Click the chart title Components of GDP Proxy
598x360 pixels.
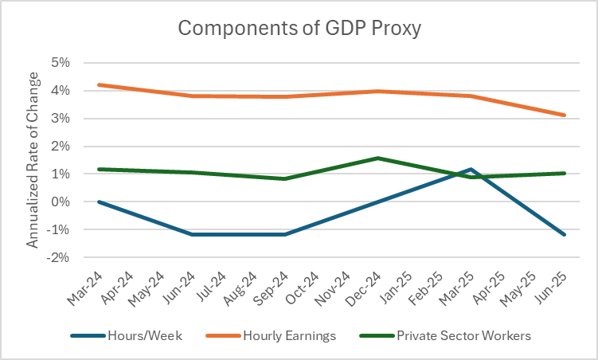pyautogui.click(x=299, y=29)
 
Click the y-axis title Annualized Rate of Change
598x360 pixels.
pyautogui.click(x=33, y=159)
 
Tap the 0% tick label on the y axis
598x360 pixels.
pyautogui.click(x=61, y=202)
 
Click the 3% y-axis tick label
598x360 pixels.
pyautogui.click(x=61, y=119)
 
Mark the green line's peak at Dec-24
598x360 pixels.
pyautogui.click(x=379, y=158)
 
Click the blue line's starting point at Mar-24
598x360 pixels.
pyautogui.click(x=98, y=202)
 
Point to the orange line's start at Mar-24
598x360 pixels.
pyautogui.click(x=98, y=84)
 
